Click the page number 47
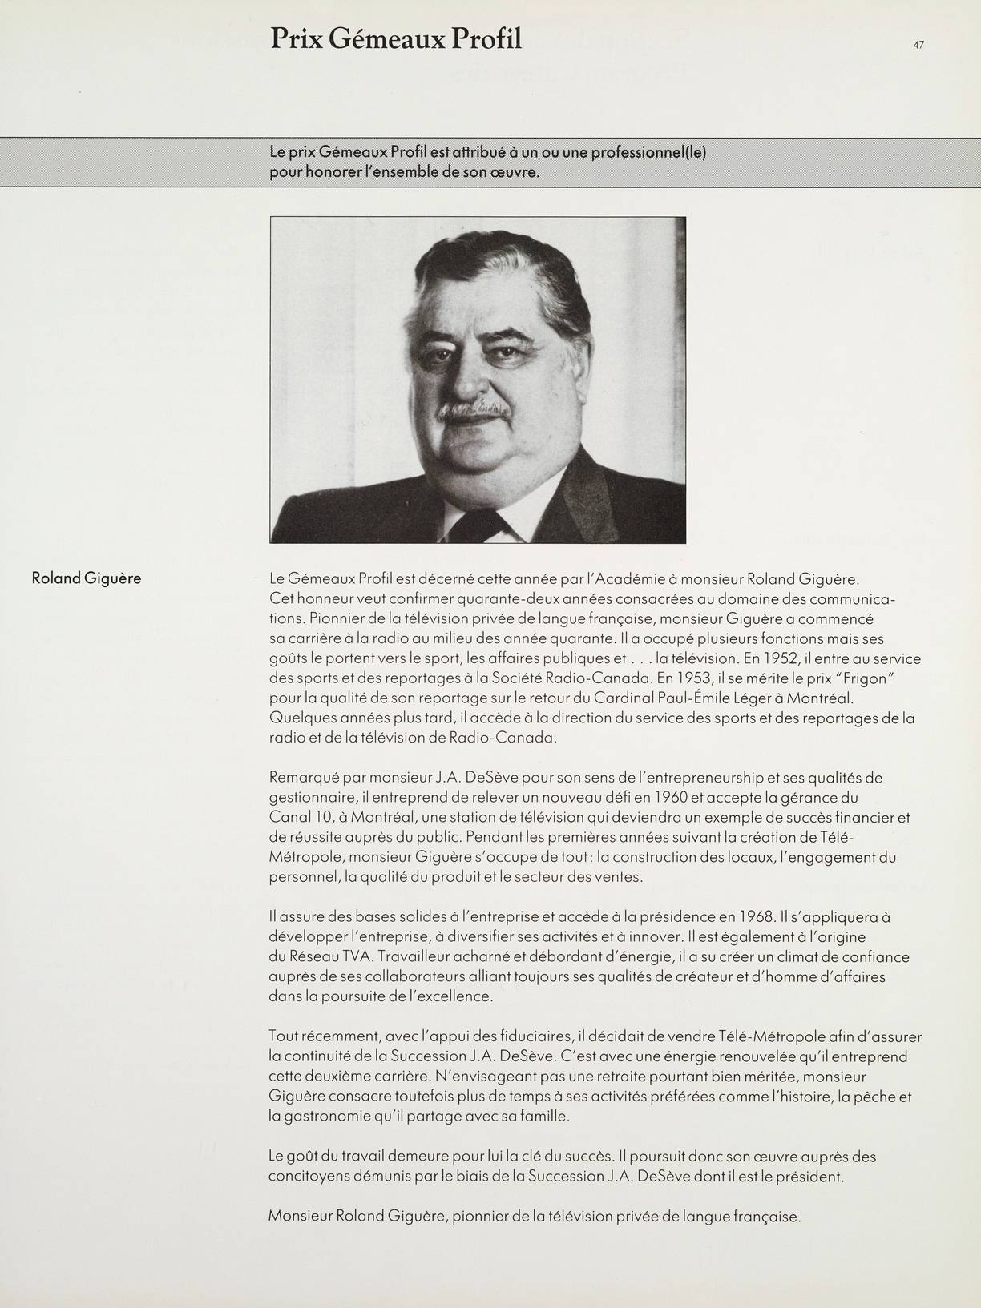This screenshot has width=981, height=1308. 918,46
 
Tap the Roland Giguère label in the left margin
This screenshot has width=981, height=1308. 87,578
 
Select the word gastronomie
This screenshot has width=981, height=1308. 325,1116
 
